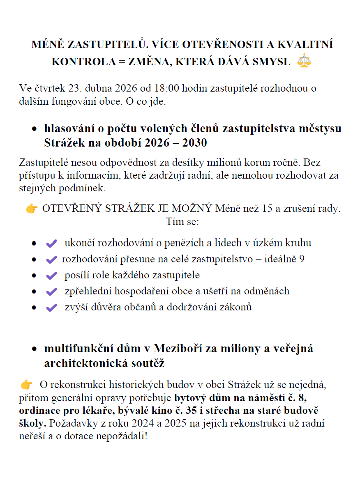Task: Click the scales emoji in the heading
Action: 304,61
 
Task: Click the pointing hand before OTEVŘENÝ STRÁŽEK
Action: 32,209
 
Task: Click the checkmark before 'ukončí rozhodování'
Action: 51,243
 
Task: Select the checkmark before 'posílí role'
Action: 51,275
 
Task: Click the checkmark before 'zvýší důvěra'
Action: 51,308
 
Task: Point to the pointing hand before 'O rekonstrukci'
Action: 27,385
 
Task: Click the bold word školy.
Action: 30,423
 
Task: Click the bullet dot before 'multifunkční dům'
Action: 35,349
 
